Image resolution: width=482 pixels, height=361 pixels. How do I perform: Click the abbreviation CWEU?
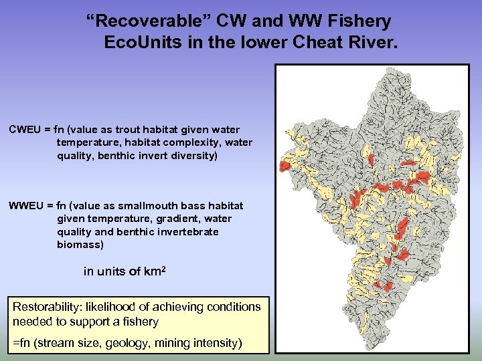pyautogui.click(x=27, y=129)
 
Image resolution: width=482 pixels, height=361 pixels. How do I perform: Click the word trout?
pyautogui.click(x=151, y=129)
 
